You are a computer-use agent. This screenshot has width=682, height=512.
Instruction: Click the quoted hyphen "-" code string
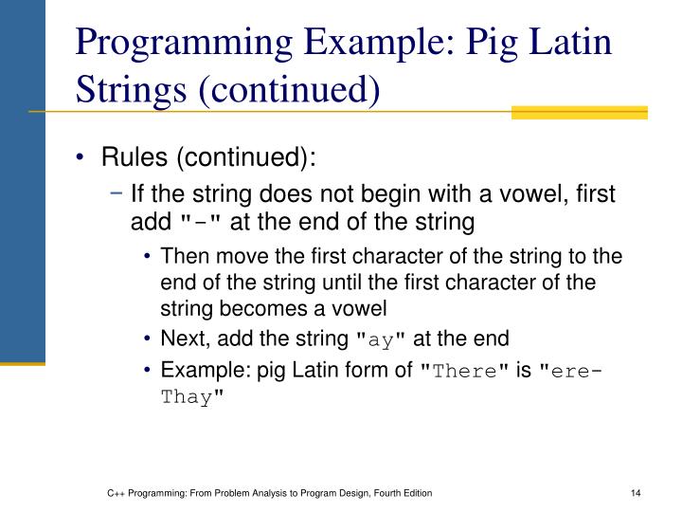click(x=200, y=223)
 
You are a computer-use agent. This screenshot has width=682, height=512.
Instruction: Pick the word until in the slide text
click(x=340, y=281)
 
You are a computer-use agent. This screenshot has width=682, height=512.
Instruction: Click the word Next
click(x=181, y=337)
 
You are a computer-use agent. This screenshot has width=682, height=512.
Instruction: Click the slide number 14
click(x=637, y=493)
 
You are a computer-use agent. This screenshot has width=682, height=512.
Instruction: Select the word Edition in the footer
click(x=418, y=493)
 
